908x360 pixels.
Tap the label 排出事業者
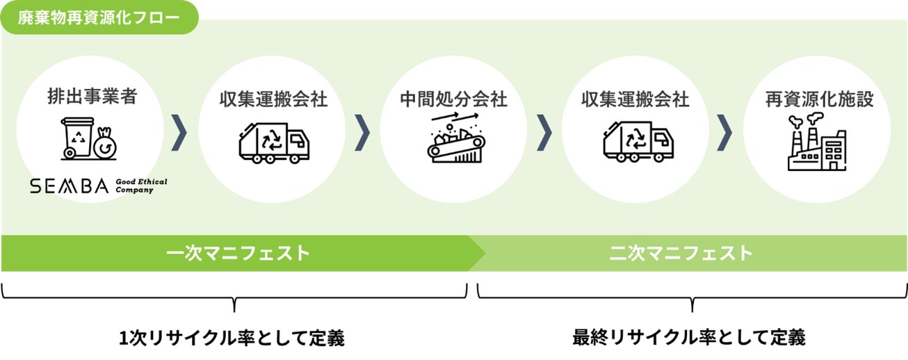(x=92, y=97)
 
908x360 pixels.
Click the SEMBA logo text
(x=68, y=186)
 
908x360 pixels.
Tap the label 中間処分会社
(x=453, y=99)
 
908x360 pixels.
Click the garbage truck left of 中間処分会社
(x=273, y=142)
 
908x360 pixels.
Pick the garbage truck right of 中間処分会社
(x=637, y=142)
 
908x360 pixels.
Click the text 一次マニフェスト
(x=237, y=253)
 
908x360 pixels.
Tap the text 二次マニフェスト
(x=681, y=253)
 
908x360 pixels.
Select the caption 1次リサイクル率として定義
(x=232, y=338)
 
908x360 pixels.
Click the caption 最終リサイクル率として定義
(x=689, y=338)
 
